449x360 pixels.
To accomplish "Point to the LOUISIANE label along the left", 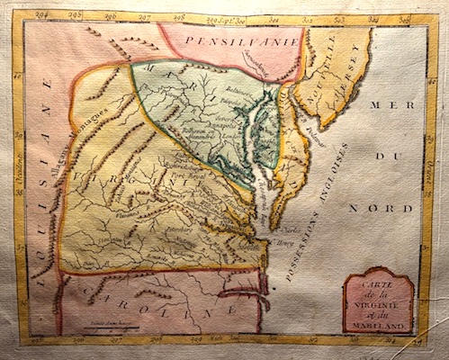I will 42,171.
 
